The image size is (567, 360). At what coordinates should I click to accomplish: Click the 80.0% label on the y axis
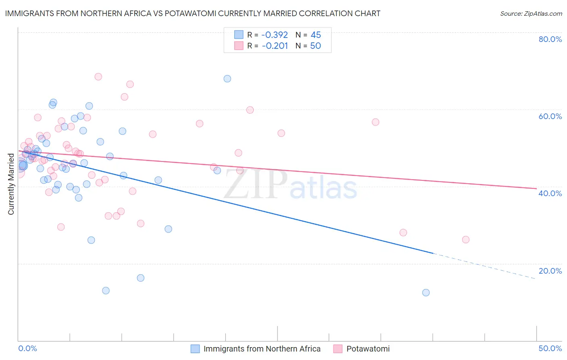tap(550, 39)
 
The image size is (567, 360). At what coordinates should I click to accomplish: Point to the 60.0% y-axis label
tap(550, 116)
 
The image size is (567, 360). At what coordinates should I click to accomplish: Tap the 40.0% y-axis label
tap(550, 193)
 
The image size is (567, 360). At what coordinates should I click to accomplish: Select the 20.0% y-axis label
tap(550, 271)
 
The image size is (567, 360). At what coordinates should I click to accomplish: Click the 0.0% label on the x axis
tap(27, 348)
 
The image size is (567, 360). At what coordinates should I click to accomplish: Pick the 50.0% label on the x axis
tap(550, 348)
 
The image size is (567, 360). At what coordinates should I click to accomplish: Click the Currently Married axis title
tap(11, 184)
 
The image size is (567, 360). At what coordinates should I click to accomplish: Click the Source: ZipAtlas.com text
tap(531, 14)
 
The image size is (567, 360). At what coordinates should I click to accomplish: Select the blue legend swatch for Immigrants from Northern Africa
tap(195, 349)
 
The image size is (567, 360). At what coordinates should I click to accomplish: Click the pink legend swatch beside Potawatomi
tap(338, 349)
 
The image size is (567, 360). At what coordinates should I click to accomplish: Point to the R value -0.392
tap(275, 35)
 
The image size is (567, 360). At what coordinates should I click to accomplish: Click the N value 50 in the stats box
tap(315, 46)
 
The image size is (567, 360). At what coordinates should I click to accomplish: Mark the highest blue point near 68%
tap(227, 79)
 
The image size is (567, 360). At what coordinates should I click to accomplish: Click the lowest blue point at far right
tap(426, 293)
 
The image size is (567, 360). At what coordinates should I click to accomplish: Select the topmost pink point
tap(98, 77)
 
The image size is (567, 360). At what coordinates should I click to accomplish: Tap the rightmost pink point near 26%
tap(466, 240)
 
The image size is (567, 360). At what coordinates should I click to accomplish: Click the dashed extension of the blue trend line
tap(484, 266)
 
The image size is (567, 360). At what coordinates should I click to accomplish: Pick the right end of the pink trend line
tap(536, 188)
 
